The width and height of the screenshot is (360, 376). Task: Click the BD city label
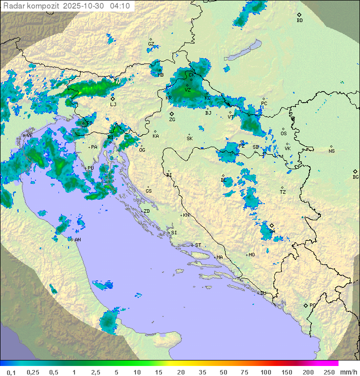click(299, 21)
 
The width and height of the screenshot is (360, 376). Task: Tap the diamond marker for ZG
click(172, 114)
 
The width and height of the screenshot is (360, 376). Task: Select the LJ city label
click(113, 105)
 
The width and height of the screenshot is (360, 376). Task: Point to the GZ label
click(151, 44)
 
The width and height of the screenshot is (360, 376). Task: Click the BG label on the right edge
click(355, 177)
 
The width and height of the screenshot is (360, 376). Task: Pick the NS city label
click(331, 151)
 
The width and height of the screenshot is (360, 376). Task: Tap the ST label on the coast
click(198, 245)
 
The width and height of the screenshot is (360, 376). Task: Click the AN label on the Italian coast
click(77, 240)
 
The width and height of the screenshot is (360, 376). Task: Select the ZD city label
click(146, 211)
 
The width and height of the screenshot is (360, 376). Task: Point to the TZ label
click(283, 192)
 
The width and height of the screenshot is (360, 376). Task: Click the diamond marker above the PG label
click(306, 305)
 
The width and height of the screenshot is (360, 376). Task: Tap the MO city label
click(251, 255)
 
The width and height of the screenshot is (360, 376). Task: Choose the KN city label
click(186, 215)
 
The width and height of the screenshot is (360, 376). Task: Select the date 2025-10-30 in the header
click(84, 6)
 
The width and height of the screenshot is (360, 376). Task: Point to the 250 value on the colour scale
click(329, 372)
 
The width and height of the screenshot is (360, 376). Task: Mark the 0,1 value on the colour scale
click(11, 372)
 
